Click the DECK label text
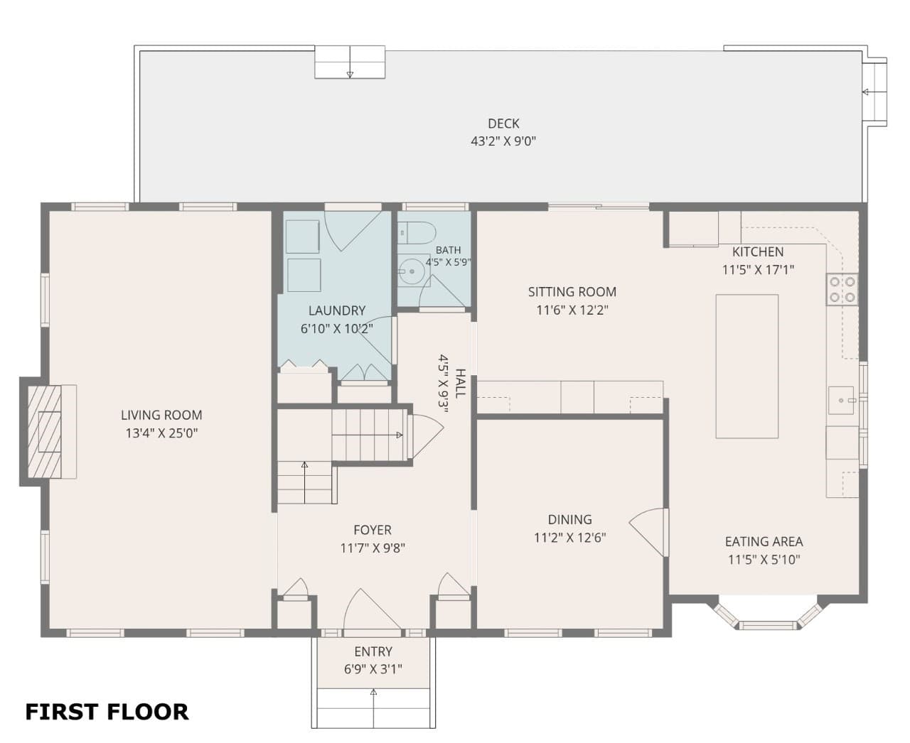pyautogui.click(x=503, y=124)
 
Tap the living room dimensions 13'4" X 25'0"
pyautogui.click(x=161, y=433)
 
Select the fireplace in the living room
pyautogui.click(x=52, y=432)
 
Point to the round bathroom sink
pyautogui.click(x=412, y=271)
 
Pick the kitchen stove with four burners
pyautogui.click(x=842, y=289)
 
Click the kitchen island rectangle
pyautogui.click(x=747, y=366)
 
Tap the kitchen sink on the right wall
pyautogui.click(x=841, y=400)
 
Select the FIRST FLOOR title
pyautogui.click(x=107, y=712)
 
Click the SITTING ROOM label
pyautogui.click(x=572, y=292)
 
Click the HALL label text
pyautogui.click(x=461, y=384)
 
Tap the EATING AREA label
pyautogui.click(x=764, y=541)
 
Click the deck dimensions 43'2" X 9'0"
pyautogui.click(x=503, y=141)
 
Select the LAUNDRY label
pyautogui.click(x=336, y=310)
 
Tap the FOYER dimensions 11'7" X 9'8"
pyautogui.click(x=373, y=548)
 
